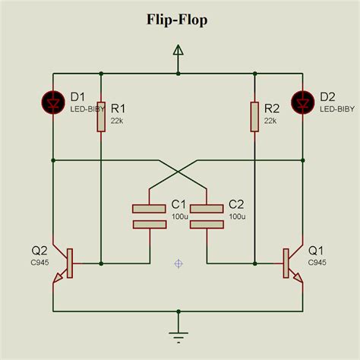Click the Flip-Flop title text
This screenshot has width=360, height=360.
pyautogui.click(x=179, y=20)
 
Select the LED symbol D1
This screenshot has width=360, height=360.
pyautogui.click(x=54, y=101)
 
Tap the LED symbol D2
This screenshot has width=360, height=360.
pyautogui.click(x=304, y=101)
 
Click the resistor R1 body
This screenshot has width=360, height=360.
pyautogui.click(x=101, y=118)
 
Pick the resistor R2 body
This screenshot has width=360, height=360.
pyautogui.click(x=254, y=118)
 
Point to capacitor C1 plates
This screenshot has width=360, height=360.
pyautogui.click(x=149, y=215)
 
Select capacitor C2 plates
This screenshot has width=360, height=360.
pyautogui.click(x=207, y=215)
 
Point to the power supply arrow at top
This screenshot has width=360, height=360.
pyautogui.click(x=178, y=52)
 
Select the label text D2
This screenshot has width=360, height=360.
pyautogui.click(x=327, y=97)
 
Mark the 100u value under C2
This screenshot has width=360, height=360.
pyautogui.click(x=237, y=216)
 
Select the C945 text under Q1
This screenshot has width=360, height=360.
pyautogui.click(x=317, y=262)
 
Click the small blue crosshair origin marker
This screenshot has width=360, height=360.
pyautogui.click(x=178, y=264)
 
